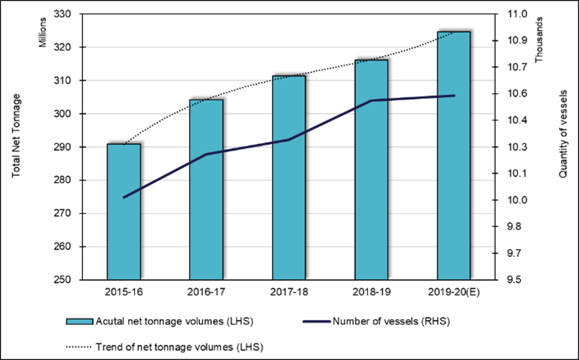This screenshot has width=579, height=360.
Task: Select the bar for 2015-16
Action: [124, 212]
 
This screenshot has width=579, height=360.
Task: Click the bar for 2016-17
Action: [206, 190]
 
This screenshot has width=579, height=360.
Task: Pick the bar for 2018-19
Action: [371, 170]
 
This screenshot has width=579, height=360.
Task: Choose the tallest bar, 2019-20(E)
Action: [454, 156]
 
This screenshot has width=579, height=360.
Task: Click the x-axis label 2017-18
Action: [289, 293]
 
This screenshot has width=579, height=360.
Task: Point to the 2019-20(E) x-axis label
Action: [454, 293]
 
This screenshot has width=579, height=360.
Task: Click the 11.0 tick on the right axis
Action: [517, 14]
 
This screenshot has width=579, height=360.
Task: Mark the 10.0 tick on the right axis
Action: [517, 200]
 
